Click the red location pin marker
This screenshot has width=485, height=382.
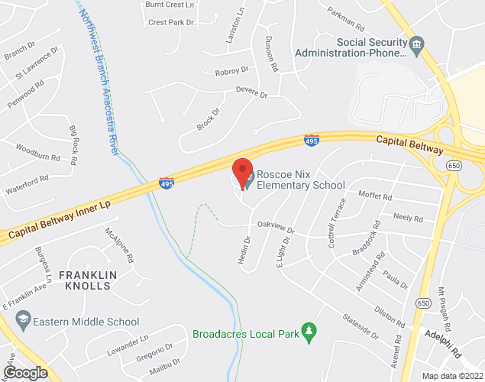[242, 171]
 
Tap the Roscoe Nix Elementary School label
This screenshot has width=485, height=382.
[300, 180]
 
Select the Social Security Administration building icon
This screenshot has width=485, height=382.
[417, 46]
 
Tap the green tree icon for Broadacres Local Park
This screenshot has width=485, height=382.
[309, 332]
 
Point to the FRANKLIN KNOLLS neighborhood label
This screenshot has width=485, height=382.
[86, 280]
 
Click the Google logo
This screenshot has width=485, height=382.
[24, 372]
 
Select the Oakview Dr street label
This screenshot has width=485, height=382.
[276, 227]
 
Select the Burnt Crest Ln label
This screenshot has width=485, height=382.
[170, 5]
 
